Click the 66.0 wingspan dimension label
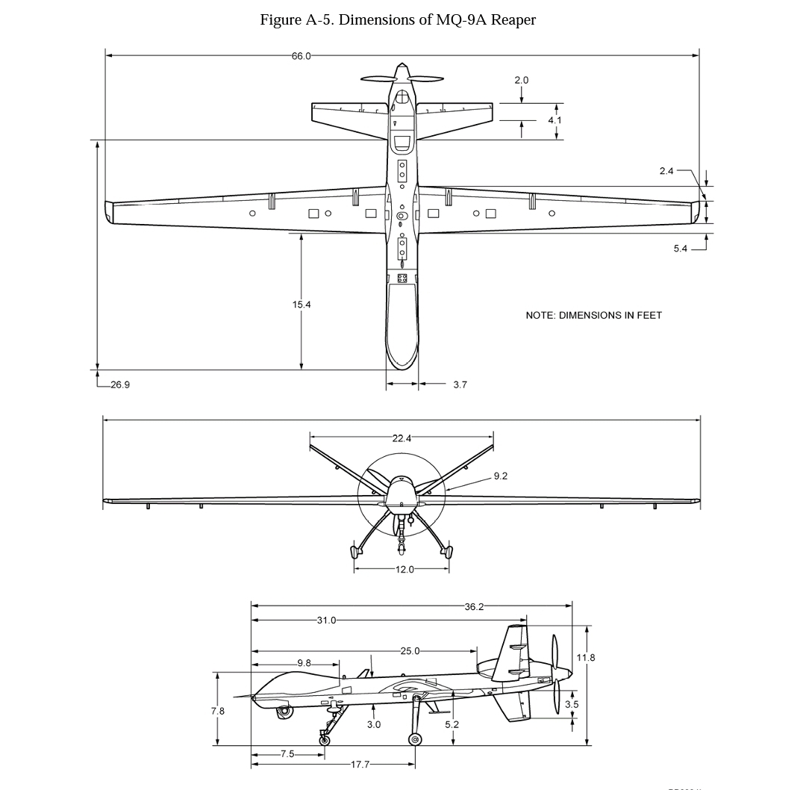click(x=302, y=56)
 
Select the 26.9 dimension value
click(x=120, y=385)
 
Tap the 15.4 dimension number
click(x=302, y=305)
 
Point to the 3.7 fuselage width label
click(x=460, y=385)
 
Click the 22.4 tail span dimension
click(x=402, y=438)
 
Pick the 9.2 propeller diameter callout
click(x=501, y=476)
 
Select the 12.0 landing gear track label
click(x=404, y=570)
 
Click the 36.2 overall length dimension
click(x=474, y=607)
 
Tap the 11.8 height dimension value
click(x=586, y=657)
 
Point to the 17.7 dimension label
click(x=360, y=765)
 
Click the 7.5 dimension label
click(x=287, y=754)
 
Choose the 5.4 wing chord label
click(x=680, y=249)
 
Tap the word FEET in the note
click(x=649, y=315)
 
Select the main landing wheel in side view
click(x=415, y=739)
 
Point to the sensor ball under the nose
click(x=284, y=712)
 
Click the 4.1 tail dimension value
click(x=554, y=120)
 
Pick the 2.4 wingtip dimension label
click(x=666, y=171)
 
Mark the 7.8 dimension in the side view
click(x=217, y=712)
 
